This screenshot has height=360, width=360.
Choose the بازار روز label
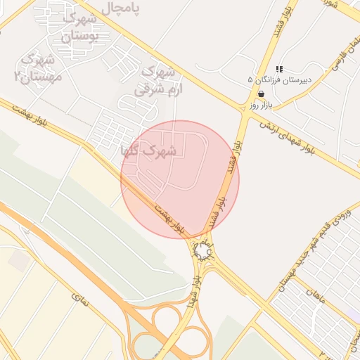[260, 105]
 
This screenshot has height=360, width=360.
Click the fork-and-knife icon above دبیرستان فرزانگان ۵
[279, 69]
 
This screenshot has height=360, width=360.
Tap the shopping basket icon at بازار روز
[261, 94]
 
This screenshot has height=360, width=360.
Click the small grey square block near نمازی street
[20, 261]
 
